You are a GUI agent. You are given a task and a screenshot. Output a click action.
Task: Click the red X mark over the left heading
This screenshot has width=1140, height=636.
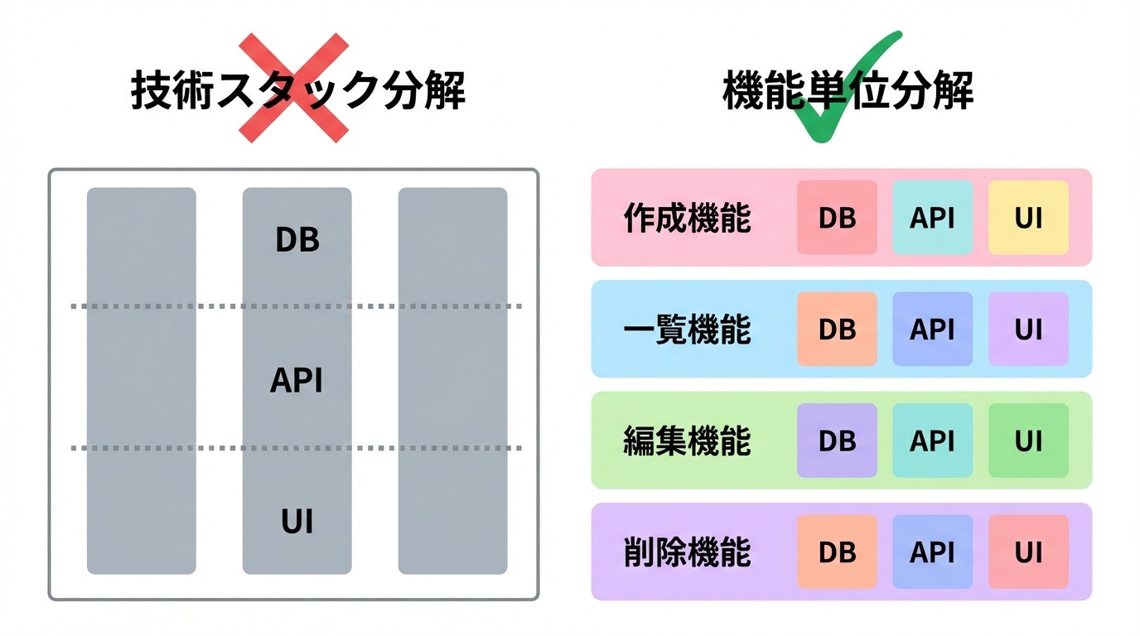pos(293,88)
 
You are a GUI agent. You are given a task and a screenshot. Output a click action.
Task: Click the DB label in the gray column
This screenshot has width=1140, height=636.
pos(297,240)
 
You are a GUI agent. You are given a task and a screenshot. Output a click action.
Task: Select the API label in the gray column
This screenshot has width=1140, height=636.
pos(297,381)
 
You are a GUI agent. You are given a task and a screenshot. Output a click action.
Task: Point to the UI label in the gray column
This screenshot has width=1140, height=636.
pos(297,523)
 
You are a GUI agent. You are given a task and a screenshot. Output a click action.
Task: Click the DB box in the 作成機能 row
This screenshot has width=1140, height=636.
pos(837,218)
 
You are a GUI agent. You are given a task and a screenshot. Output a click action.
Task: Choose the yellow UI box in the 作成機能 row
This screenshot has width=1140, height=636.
pos(1028,218)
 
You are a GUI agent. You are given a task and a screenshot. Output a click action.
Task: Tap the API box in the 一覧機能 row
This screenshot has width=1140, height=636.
pos(932,329)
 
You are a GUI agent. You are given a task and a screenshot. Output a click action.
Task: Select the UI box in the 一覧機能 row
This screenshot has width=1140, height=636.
pos(1028,329)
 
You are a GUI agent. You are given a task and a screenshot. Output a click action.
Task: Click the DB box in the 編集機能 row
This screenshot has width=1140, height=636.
pos(837,441)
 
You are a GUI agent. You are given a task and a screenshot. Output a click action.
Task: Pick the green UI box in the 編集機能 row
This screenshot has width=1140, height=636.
pos(1028,441)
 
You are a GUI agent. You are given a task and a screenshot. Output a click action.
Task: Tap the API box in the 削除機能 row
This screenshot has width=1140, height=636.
pos(932,552)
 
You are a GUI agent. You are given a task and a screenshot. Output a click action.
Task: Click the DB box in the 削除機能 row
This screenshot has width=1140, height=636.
pos(837,552)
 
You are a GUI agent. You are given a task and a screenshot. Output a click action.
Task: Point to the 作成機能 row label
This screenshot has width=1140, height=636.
pos(687,219)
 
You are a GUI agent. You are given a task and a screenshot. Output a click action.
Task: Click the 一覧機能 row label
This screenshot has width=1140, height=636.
pos(687,330)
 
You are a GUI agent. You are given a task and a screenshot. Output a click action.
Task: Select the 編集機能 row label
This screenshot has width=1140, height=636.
pos(687,441)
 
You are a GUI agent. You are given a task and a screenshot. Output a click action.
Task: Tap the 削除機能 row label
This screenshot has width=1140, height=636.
pos(687,552)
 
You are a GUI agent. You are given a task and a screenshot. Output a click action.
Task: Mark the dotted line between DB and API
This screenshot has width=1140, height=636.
pos(166,306)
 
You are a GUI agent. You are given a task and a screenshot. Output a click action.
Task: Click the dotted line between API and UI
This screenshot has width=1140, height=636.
pos(166,448)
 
